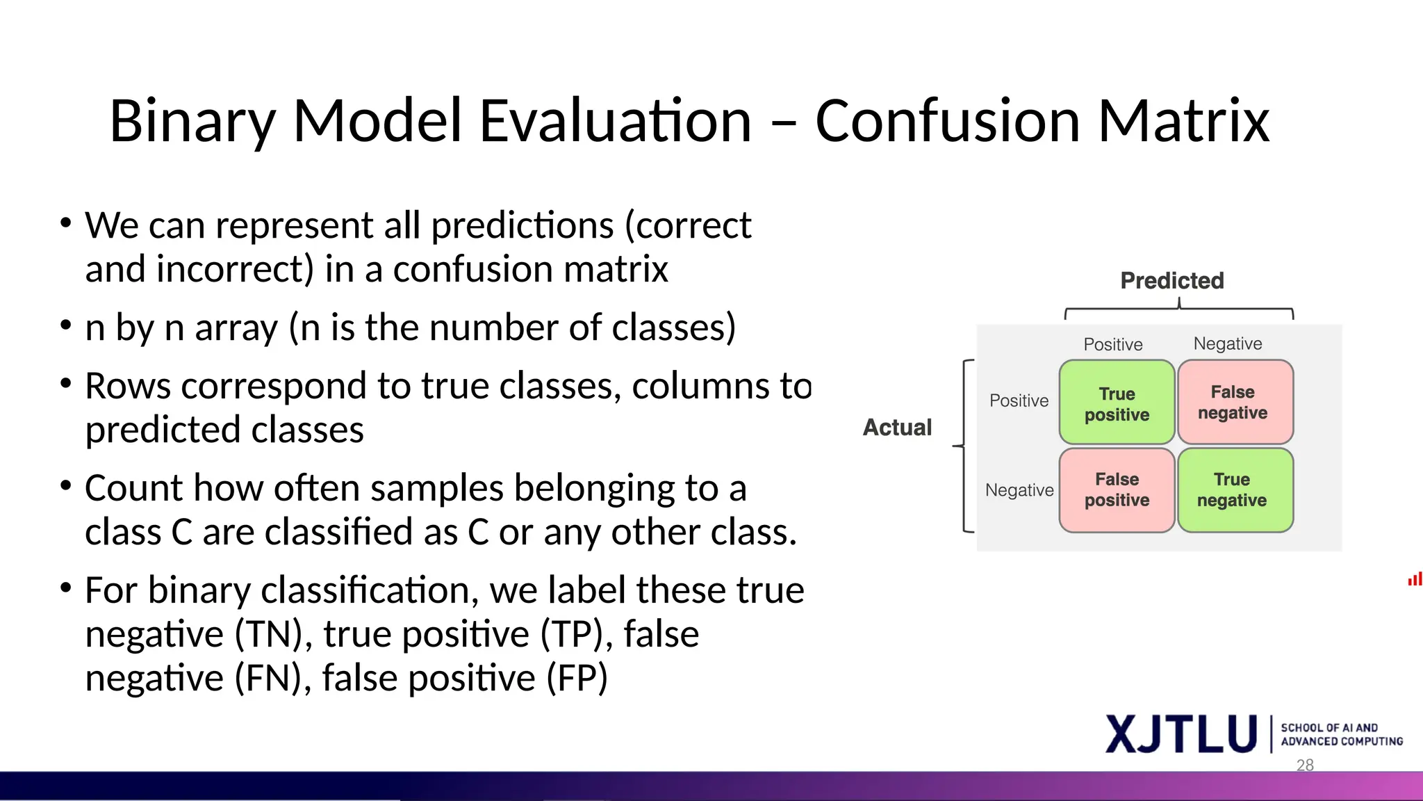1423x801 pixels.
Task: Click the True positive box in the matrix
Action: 1117,403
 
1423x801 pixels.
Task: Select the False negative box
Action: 1233,403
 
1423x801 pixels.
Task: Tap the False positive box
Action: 1117,490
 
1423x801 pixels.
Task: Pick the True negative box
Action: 1233,490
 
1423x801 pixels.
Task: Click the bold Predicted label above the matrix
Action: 1172,281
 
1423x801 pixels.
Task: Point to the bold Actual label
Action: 897,428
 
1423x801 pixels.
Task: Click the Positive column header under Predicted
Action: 1113,345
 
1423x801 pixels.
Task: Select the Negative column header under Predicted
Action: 1228,344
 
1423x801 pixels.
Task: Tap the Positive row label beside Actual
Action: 1019,401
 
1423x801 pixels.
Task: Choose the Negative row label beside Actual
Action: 1019,490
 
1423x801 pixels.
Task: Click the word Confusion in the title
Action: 947,121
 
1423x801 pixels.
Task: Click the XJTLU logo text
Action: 1181,734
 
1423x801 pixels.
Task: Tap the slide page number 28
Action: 1305,765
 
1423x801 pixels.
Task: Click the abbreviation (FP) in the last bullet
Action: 577,679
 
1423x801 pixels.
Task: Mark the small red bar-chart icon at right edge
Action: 1415,579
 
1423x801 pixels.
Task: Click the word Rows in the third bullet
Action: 128,387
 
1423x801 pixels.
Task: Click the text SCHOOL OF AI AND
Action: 1329,728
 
